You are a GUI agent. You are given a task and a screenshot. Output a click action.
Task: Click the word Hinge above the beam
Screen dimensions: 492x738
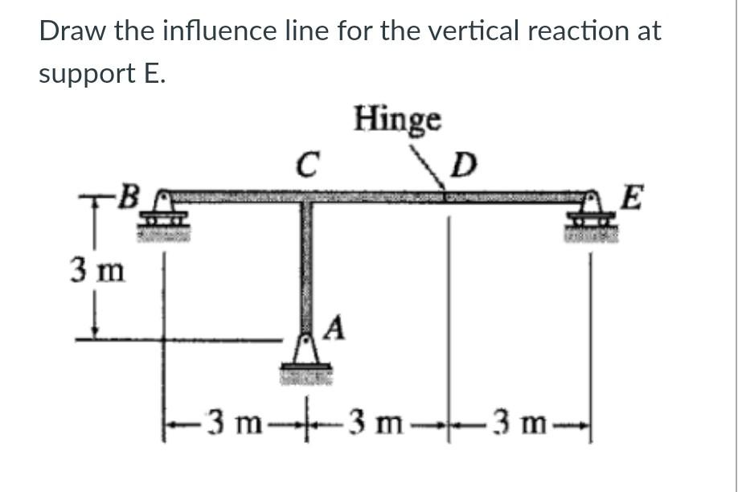(x=397, y=120)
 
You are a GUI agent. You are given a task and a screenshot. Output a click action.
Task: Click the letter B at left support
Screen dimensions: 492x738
(x=128, y=195)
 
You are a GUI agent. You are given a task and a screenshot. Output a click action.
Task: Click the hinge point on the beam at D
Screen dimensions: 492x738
(x=447, y=195)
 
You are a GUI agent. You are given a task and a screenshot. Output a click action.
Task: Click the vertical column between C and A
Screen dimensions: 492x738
(x=305, y=265)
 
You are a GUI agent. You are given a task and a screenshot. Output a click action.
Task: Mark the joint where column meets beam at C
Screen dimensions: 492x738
(x=305, y=197)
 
